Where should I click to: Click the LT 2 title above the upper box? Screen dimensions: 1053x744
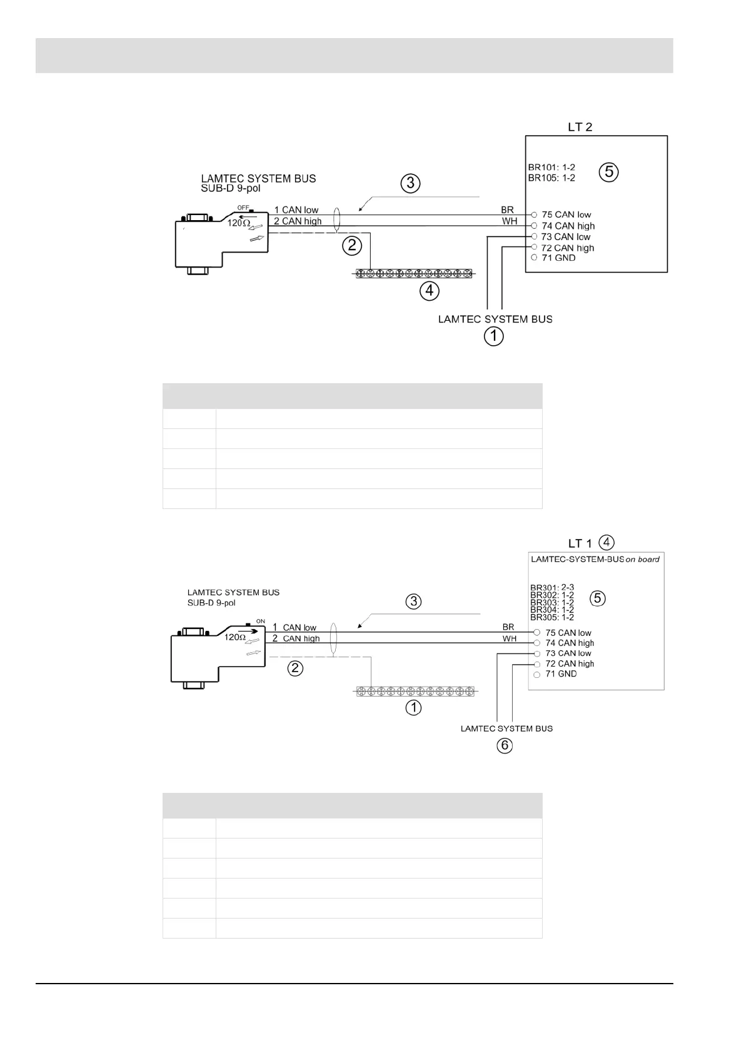[580, 127]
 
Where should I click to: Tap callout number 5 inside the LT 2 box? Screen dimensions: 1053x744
[608, 171]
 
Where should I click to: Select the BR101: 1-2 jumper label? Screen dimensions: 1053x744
[551, 168]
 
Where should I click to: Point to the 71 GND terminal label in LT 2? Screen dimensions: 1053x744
[558, 258]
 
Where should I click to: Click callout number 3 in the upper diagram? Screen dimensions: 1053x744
[410, 184]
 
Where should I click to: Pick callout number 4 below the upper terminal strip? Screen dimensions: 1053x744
[429, 290]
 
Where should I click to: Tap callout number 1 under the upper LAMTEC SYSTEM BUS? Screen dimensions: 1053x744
[493, 336]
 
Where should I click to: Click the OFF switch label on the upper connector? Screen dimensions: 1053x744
[243, 208]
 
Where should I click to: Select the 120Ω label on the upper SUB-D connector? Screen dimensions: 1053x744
[239, 223]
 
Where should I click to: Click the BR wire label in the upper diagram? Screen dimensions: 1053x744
[507, 210]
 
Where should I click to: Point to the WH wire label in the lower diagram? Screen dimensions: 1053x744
[510, 638]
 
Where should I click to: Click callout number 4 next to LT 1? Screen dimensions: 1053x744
[606, 542]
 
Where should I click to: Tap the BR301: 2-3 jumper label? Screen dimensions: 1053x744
[552, 588]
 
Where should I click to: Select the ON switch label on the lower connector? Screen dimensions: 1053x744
[261, 622]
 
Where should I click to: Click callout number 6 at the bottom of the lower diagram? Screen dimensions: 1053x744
[505, 745]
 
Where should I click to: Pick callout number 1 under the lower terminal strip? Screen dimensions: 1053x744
[413, 708]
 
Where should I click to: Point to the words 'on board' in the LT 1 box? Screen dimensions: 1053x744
[643, 559]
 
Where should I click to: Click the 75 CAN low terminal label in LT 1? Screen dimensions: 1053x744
[568, 633]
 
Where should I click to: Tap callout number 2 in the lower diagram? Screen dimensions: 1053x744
[295, 668]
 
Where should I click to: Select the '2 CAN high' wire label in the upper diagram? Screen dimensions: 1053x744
[298, 221]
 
